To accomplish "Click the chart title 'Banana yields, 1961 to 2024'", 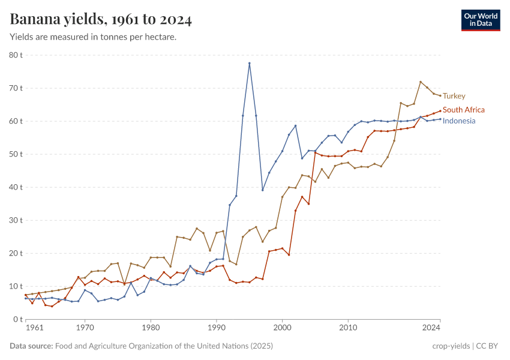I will (x=101, y=20).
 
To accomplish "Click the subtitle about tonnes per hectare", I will (x=93, y=37).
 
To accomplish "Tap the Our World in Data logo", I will (x=480, y=20).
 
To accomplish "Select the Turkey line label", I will (x=454, y=96).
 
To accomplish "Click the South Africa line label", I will (x=463, y=110).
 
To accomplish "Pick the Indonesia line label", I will (x=458, y=121).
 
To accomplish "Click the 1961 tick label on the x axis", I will (x=34, y=328).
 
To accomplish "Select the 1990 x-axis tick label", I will (x=216, y=328).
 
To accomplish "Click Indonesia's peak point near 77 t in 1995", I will (x=250, y=63).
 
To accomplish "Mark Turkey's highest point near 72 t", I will (x=421, y=82).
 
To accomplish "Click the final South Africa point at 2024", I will (x=440, y=110).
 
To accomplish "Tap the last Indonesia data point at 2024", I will (x=440, y=119).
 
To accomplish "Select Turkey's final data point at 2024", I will (x=440, y=95).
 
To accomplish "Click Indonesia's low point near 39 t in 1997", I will (x=263, y=190).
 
